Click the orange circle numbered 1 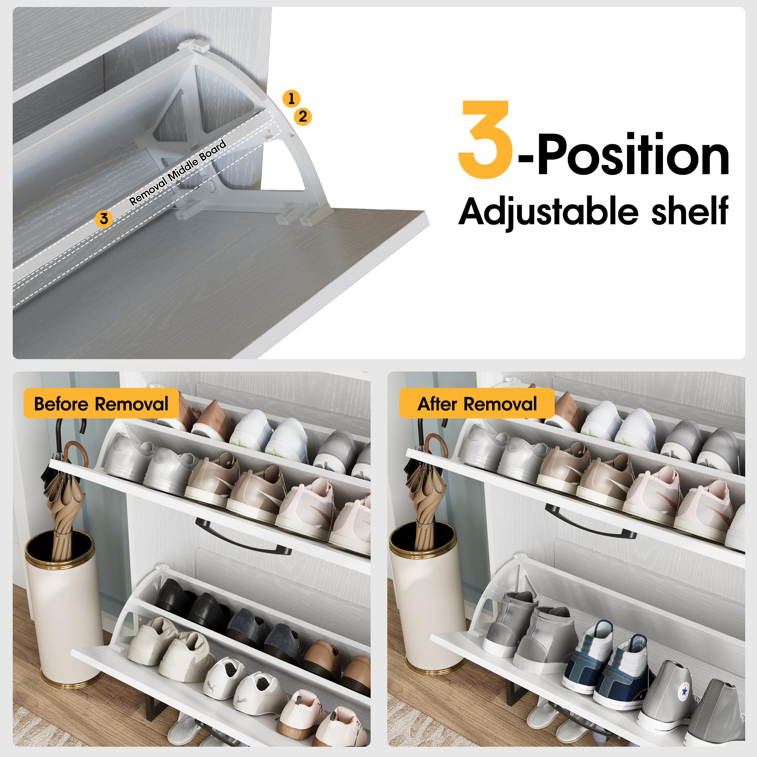click(291, 99)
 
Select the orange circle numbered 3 click(104, 219)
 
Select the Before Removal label click(101, 404)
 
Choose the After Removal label click(477, 404)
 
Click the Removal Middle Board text click(178, 172)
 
